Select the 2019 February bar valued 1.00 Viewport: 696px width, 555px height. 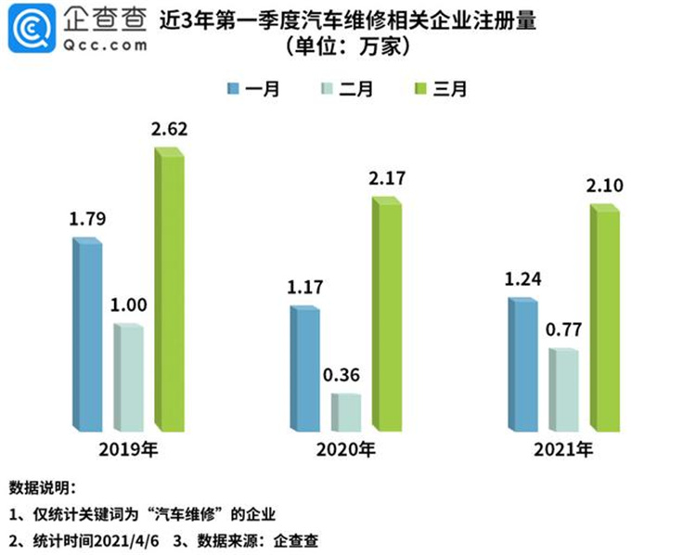(x=129, y=378)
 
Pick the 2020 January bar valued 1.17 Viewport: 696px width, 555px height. (x=305, y=368)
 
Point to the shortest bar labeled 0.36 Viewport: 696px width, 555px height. (x=346, y=412)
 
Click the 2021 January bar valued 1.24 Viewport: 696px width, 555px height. (x=522, y=366)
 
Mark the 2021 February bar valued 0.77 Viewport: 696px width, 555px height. (x=563, y=390)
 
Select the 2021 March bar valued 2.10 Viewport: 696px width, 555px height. (x=604, y=319)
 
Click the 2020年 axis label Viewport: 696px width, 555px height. (x=346, y=452)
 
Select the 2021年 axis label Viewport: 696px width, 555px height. (x=563, y=452)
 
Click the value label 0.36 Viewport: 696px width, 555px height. (x=345, y=377)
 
